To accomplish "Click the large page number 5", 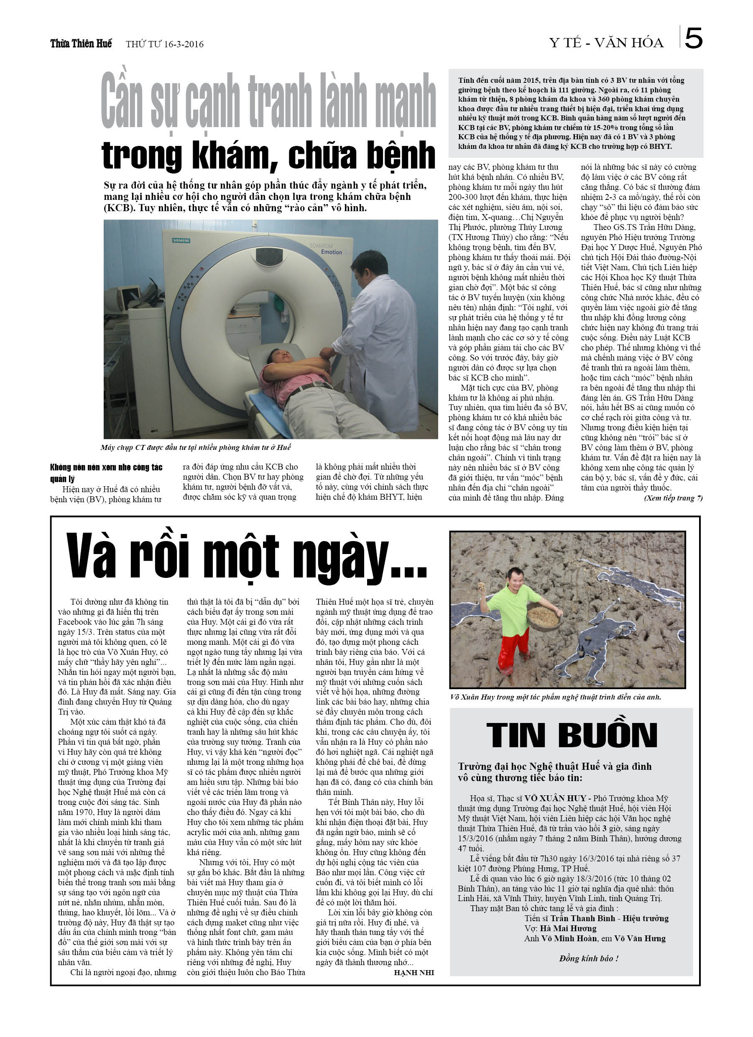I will pyautogui.click(x=693, y=38).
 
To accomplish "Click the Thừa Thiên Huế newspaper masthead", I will pyautogui.click(x=81, y=43).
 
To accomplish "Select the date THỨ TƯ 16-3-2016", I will pyautogui.click(x=165, y=44).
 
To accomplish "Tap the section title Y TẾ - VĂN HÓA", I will pyautogui.click(x=606, y=43).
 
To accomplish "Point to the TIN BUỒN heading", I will pyautogui.click(x=572, y=736).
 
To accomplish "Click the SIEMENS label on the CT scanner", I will pyautogui.click(x=181, y=240).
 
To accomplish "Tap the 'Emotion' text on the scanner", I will pyautogui.click(x=332, y=252).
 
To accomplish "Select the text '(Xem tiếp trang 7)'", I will pyautogui.click(x=673, y=498).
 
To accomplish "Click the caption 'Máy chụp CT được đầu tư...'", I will pyautogui.click(x=195, y=447).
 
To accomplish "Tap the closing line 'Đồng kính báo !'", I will pyautogui.click(x=589, y=958).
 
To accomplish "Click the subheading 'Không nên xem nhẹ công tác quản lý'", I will pyautogui.click(x=106, y=473).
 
